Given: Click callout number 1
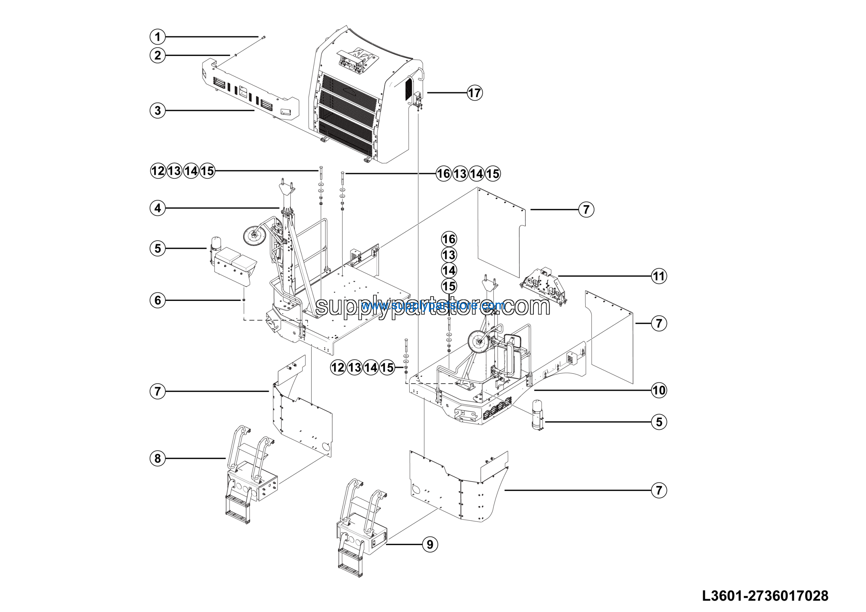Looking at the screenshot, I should pos(158,37).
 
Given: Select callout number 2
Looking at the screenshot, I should pos(158,56).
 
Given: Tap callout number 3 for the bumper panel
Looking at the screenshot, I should pos(158,111).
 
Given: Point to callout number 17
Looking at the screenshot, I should pos(475,92).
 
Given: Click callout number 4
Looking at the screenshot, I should pos(158,208).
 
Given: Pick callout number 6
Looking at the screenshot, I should pos(158,300).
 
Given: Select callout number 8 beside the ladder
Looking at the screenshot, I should pos(158,458).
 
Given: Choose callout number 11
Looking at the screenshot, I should pos(659,276).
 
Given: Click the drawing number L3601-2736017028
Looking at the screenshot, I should pos(765,596).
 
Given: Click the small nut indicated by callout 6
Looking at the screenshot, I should pos(244,300).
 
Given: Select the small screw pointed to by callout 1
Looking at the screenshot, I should pos(263,37).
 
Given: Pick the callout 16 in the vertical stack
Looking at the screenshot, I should pos(449,239).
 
